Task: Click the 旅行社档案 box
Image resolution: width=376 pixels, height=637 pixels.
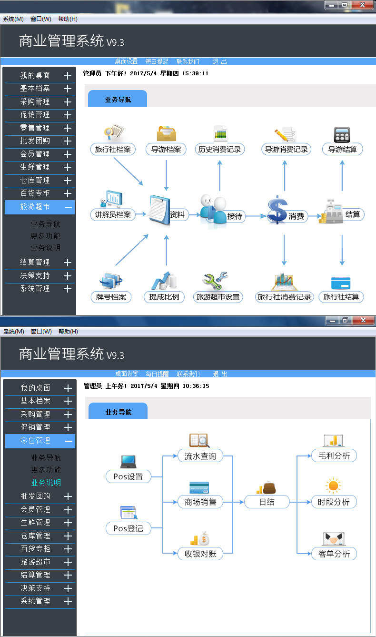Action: pos(113,149)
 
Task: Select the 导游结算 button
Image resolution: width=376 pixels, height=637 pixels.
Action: pos(342,149)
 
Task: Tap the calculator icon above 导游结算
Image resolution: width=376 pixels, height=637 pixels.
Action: pos(342,134)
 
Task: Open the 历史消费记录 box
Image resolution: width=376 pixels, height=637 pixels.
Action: pos(220,149)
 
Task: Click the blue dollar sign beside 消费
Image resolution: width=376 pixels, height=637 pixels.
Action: pos(277,210)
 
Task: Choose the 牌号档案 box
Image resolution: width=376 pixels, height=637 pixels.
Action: pos(110,297)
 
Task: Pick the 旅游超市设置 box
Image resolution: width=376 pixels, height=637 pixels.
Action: pos(218,297)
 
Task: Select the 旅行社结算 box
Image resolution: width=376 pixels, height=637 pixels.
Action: pos(341,297)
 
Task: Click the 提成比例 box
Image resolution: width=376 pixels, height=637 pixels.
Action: pos(164,297)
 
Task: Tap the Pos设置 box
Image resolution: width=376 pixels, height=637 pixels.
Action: pos(128,476)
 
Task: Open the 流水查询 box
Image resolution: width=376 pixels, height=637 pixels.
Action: pos(200,456)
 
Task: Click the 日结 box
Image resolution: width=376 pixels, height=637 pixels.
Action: pos(267,502)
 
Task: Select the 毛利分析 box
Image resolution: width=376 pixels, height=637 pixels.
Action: pos(334,456)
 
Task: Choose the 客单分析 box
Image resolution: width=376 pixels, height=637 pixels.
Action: pos(334,554)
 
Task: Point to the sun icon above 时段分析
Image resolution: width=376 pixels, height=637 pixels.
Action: pos(333,486)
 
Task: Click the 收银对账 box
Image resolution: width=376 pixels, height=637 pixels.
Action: pos(200,554)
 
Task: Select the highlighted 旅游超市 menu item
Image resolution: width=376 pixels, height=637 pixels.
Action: pos(40,207)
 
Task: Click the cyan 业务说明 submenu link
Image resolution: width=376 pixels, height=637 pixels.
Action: pos(46,482)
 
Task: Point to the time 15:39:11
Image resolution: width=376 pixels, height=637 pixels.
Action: pos(195,73)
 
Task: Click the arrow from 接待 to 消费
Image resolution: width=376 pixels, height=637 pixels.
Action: pos(256,216)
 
